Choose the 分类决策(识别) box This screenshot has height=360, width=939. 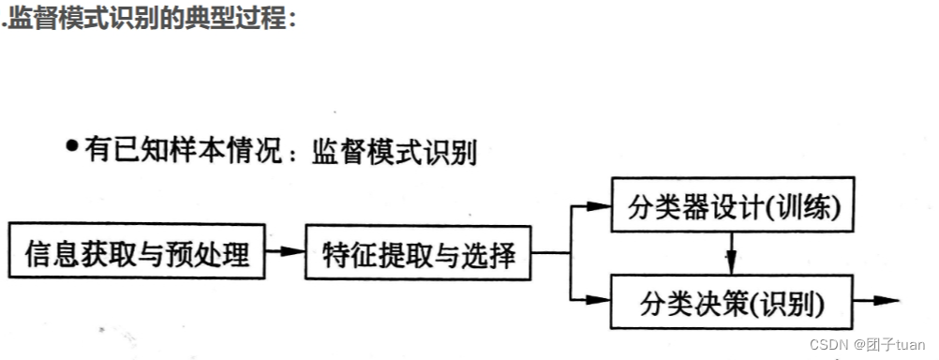733,302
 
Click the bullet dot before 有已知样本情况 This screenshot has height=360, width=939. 71,147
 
